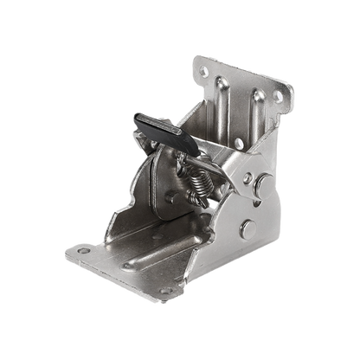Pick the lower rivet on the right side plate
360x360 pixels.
coord(247,228)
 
